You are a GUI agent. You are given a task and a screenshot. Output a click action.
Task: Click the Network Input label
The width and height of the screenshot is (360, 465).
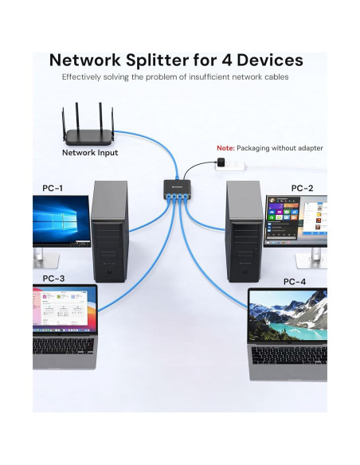pyautogui.click(x=90, y=152)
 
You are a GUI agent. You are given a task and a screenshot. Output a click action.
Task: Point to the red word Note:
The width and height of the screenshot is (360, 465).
pyautogui.click(x=225, y=148)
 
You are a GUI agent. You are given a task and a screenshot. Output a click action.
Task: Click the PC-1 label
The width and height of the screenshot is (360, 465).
pyautogui.click(x=53, y=189)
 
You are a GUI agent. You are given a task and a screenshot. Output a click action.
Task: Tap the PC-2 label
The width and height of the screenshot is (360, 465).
pyautogui.click(x=302, y=188)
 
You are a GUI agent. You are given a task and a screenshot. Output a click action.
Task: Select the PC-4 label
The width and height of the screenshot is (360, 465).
pyautogui.click(x=294, y=282)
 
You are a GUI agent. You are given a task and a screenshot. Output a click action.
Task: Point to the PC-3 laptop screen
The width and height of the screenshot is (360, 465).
pyautogui.click(x=63, y=309)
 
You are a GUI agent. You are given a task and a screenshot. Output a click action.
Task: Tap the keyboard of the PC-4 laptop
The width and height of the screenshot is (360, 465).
pyautogui.click(x=289, y=356)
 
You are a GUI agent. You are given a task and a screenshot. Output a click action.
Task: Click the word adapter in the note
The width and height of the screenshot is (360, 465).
pyautogui.click(x=308, y=148)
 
